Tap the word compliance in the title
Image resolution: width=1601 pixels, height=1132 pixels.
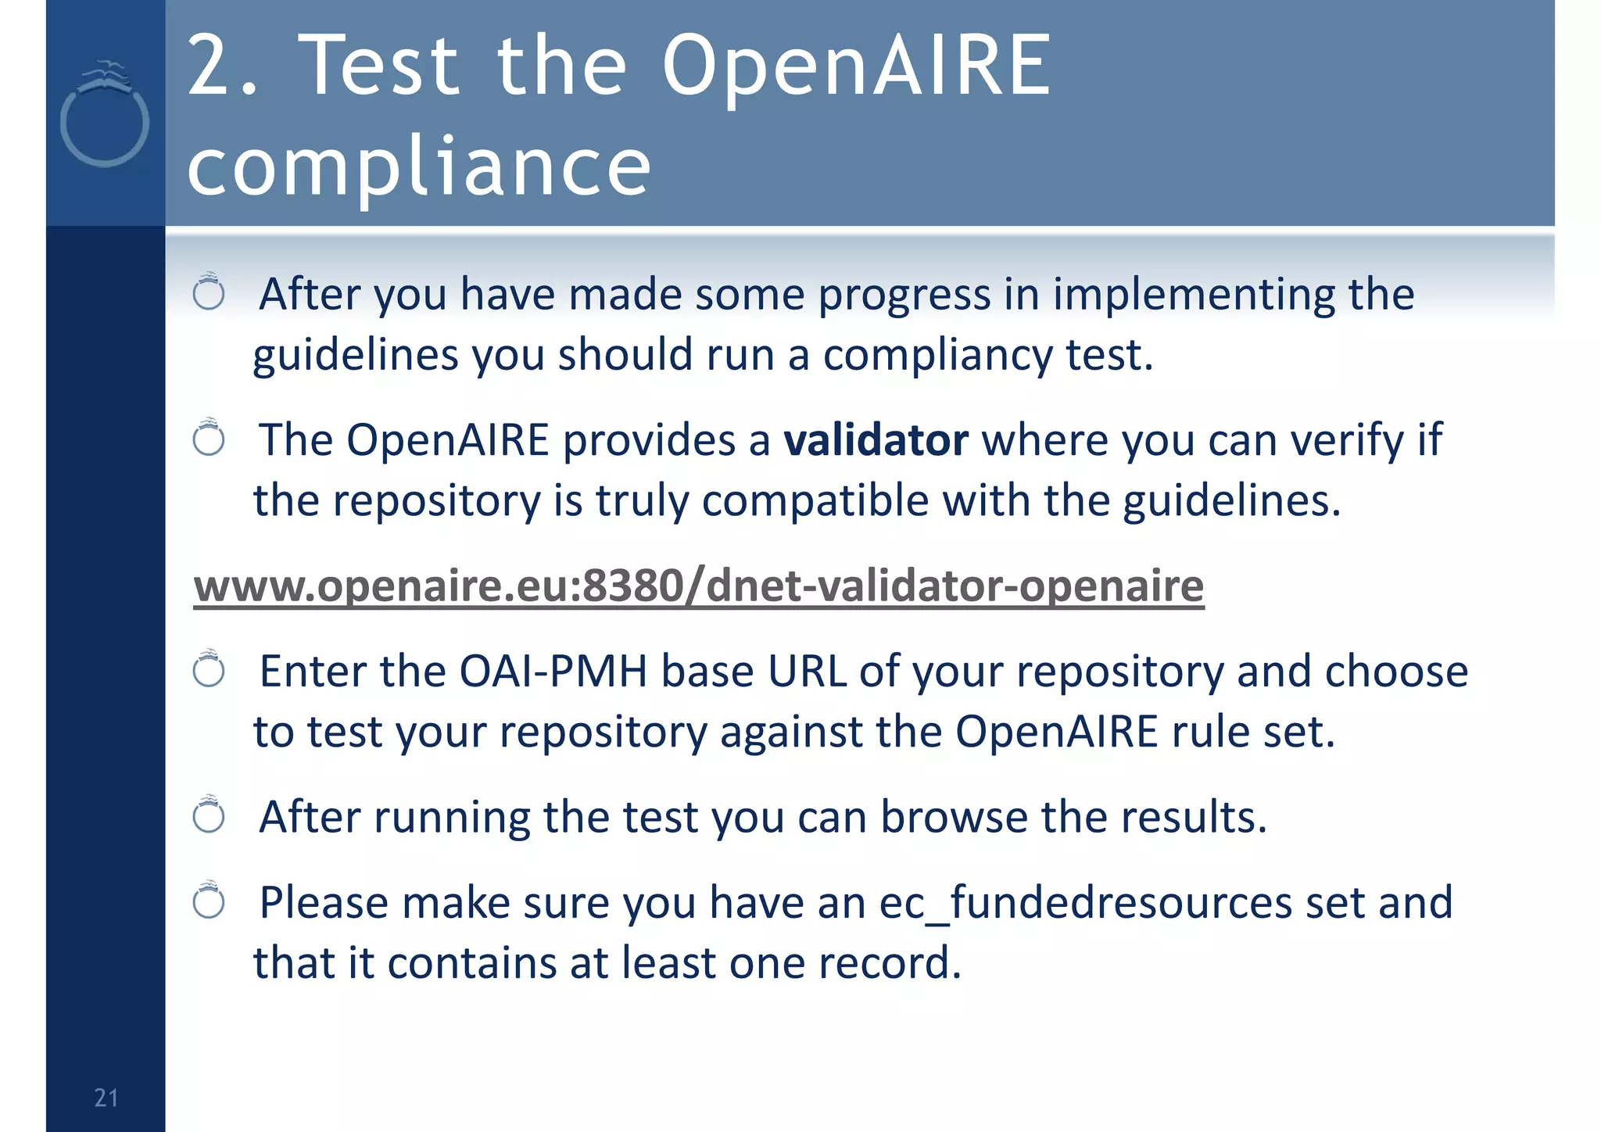(419, 166)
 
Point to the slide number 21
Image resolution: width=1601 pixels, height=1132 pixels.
(106, 1098)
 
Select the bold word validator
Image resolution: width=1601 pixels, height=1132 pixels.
(876, 440)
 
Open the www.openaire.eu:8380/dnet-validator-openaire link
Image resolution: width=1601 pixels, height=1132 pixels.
(698, 586)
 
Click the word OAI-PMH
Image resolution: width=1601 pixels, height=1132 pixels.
(553, 672)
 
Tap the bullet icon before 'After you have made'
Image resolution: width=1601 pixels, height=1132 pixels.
(209, 292)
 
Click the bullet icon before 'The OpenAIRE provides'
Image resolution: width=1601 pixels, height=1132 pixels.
(209, 438)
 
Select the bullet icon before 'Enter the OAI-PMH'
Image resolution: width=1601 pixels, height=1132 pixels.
(209, 670)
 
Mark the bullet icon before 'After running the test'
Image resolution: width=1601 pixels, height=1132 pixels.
(209, 815)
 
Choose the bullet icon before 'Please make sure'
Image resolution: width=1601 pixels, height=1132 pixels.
(209, 901)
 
